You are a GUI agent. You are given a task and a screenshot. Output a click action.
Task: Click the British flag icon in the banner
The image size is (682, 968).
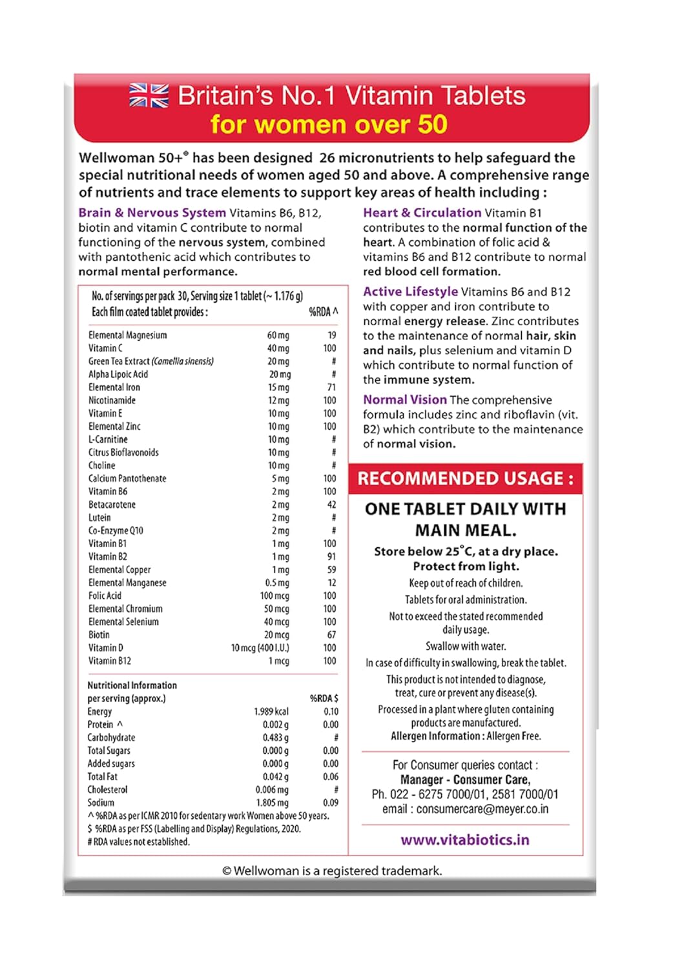coord(149,96)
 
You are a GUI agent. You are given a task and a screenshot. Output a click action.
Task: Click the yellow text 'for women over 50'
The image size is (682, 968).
coord(329,124)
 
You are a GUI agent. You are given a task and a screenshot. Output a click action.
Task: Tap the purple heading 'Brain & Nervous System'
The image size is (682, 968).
coord(152,213)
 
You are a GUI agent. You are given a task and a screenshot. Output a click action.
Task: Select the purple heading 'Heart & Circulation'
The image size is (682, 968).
coord(422,213)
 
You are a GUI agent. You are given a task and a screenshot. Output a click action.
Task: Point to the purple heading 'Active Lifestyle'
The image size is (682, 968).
coord(410,292)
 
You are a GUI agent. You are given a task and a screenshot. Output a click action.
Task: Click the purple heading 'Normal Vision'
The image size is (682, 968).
coord(404,400)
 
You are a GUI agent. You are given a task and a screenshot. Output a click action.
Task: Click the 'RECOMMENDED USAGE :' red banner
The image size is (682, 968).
coord(466,478)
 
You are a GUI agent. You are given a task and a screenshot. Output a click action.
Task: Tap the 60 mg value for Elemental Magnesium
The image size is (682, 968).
coord(278,336)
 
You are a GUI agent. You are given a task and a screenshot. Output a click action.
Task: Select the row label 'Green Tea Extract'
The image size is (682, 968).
coord(150,361)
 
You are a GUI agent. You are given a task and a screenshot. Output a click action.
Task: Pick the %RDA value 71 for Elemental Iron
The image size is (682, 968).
coord(331,387)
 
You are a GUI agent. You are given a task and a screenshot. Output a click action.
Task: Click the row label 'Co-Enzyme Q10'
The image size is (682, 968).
coord(116,530)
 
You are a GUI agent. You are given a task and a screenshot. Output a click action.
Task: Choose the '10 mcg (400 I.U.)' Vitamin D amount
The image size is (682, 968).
coord(260,648)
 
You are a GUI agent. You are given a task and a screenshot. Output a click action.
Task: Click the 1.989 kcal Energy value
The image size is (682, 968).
coord(271,712)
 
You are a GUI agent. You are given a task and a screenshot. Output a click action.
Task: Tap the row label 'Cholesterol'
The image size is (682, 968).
coord(107,790)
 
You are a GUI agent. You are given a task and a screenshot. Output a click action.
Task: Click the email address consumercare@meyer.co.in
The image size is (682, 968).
coord(482,809)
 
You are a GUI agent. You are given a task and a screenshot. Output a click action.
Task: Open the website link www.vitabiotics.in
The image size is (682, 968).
coord(465,840)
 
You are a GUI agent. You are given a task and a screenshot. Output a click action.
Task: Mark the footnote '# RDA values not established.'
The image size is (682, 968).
coord(138,842)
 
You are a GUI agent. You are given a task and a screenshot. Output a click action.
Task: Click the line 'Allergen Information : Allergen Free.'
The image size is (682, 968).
coord(466,736)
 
